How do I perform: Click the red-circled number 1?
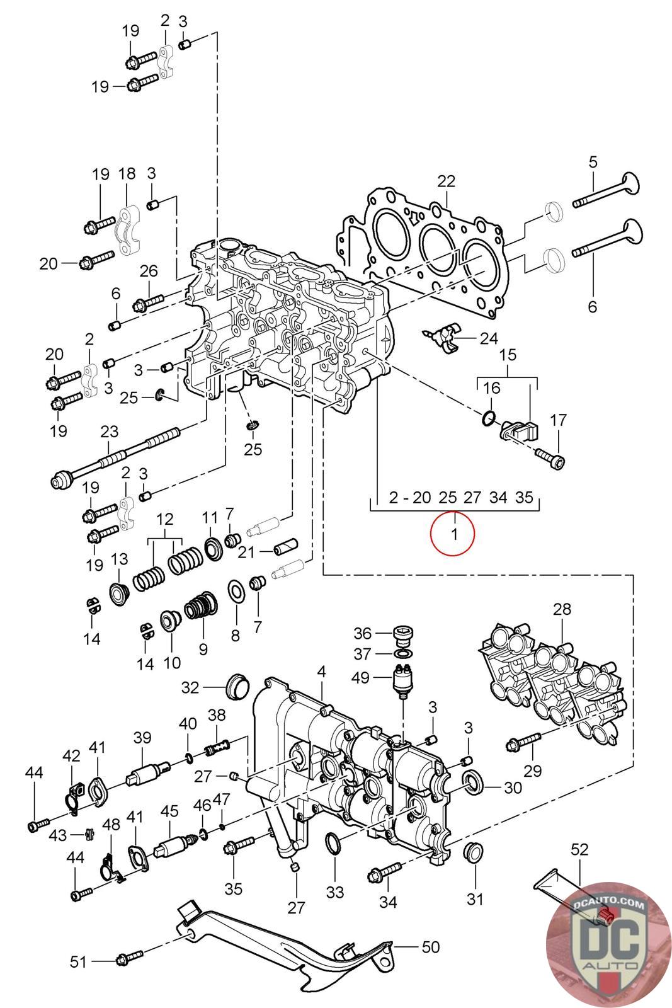coord(452,534)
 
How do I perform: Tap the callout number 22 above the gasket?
coord(446,181)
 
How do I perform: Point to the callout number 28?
coord(562,609)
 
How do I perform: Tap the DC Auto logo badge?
coord(608,945)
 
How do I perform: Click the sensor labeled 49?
coord(402,681)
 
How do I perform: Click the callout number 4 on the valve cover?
coord(322,672)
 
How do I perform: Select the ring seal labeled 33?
coord(333,843)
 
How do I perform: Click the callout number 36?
coord(362,633)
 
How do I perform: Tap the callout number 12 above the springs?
coord(165,520)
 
